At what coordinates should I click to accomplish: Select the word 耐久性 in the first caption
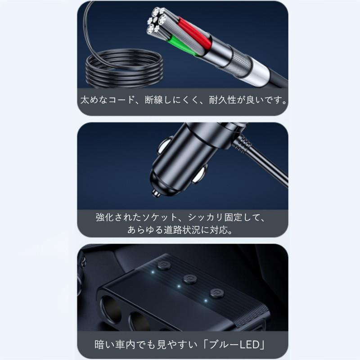click(x=221, y=99)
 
